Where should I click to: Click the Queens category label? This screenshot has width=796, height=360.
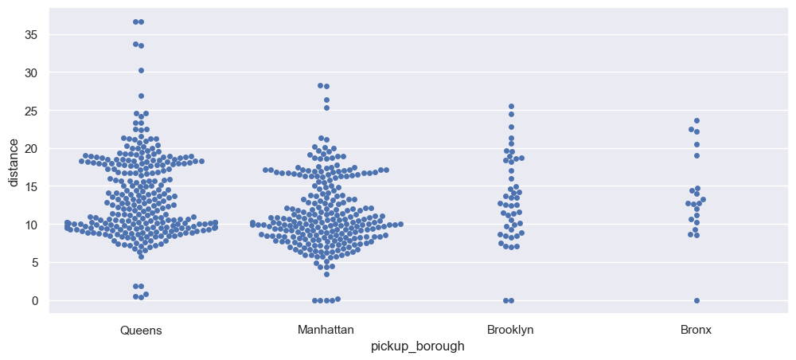pyautogui.click(x=141, y=330)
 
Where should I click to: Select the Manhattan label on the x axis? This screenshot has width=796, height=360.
pyautogui.click(x=326, y=330)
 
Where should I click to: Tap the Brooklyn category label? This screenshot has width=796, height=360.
pyautogui.click(x=510, y=330)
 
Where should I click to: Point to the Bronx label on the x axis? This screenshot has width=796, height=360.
pyautogui.click(x=696, y=330)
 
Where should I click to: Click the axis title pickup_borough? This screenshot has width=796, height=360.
pyautogui.click(x=418, y=346)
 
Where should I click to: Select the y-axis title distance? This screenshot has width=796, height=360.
pyautogui.click(x=14, y=162)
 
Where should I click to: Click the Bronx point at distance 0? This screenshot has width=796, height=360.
pyautogui.click(x=696, y=300)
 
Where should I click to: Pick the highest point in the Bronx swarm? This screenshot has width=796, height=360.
pyautogui.click(x=696, y=121)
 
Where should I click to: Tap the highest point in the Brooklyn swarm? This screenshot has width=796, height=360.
pyautogui.click(x=511, y=106)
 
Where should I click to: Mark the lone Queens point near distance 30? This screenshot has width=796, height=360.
pyautogui.click(x=141, y=70)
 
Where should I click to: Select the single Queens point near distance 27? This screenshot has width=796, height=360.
pyautogui.click(x=141, y=96)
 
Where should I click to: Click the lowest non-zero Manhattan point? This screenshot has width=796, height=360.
pyautogui.click(x=326, y=274)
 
